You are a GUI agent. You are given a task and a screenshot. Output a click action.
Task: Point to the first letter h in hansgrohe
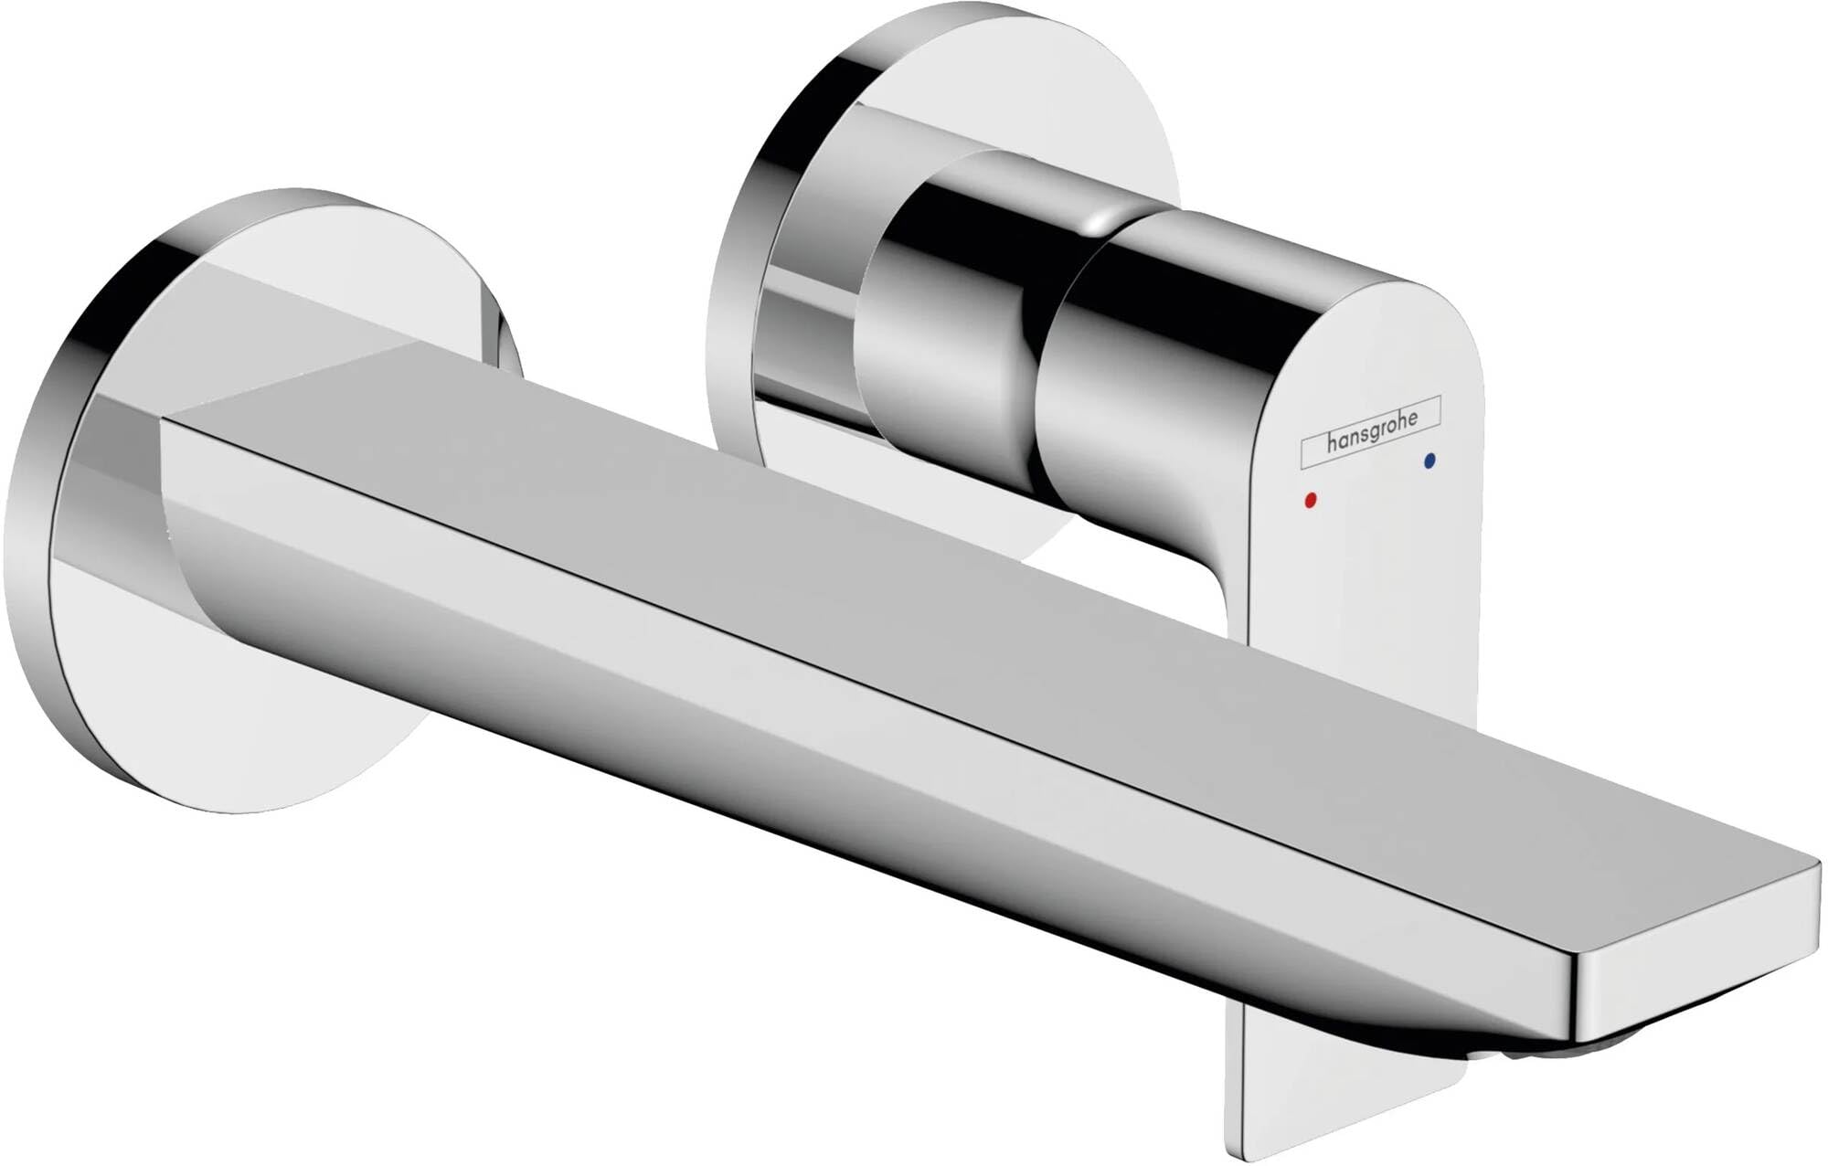(x=1332, y=449)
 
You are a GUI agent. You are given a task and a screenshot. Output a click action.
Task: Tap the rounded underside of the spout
(x=640, y=658)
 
